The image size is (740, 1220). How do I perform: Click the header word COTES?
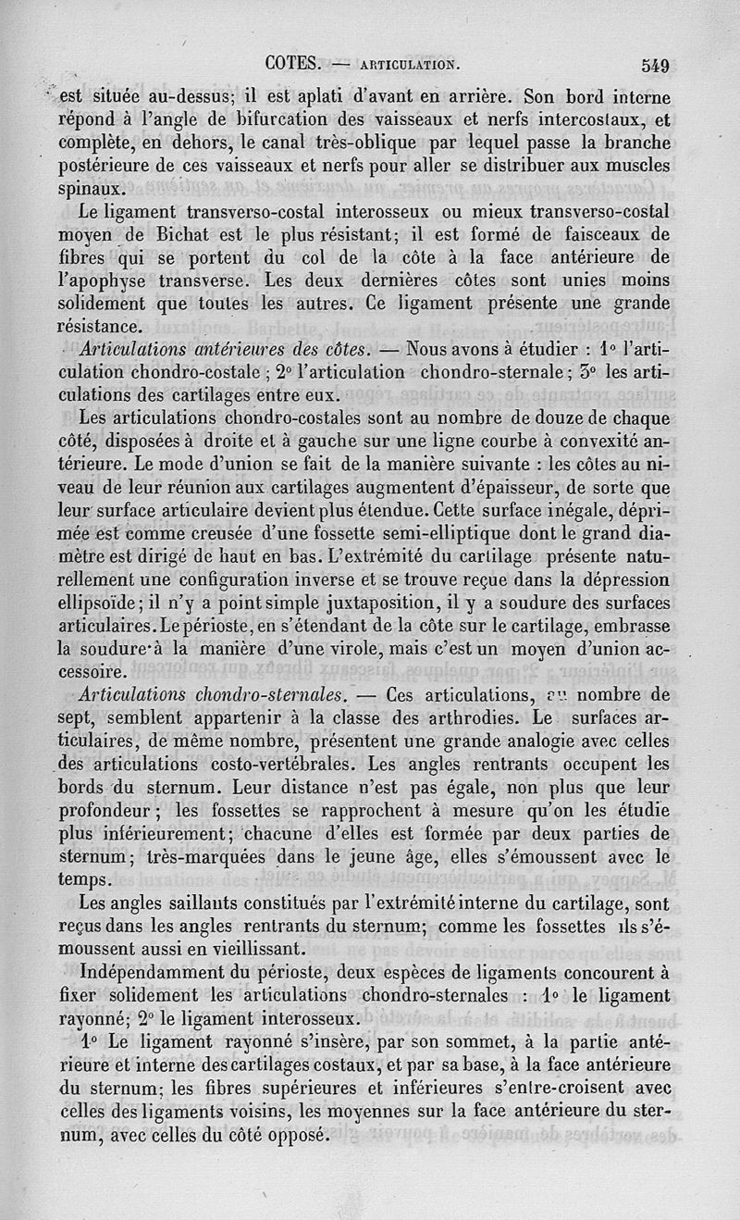(291, 64)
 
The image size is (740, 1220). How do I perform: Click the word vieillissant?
(239, 948)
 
